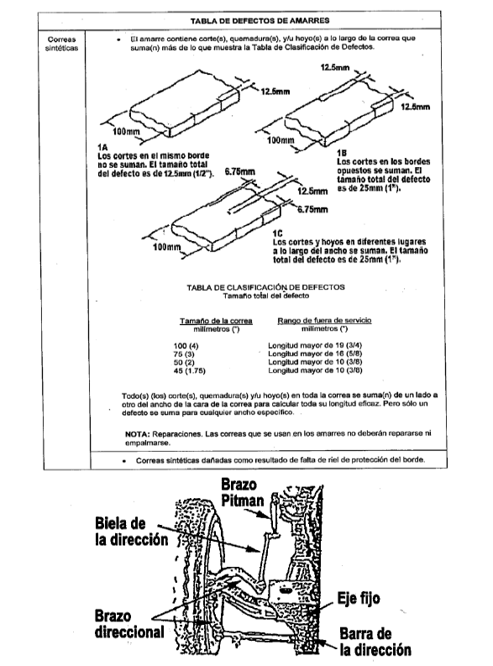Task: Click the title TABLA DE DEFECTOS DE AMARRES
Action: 260,20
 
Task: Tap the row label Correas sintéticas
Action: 61,44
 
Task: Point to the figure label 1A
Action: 102,147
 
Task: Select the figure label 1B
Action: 342,153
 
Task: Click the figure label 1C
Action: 277,233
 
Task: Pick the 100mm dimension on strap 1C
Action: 167,247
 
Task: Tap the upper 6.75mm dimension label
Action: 240,171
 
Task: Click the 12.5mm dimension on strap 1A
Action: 275,92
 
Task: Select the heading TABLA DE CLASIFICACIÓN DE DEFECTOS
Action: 266,287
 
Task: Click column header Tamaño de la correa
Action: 216,321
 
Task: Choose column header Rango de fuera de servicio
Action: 324,320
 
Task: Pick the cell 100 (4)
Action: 186,346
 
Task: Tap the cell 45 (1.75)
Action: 189,371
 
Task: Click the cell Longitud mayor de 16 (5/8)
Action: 315,354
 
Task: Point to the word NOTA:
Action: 138,433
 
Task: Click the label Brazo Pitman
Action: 243,492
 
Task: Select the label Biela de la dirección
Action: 132,532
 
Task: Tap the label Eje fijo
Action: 359,599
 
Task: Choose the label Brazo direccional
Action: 129,624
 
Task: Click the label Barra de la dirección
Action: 375,642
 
